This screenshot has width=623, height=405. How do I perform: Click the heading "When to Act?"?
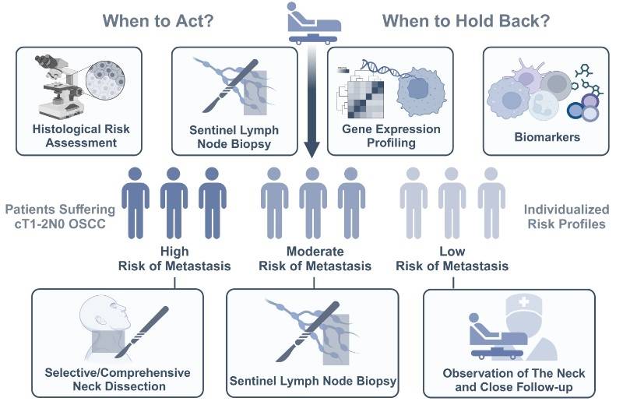pyautogui.click(x=158, y=21)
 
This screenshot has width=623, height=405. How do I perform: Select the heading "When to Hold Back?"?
pyautogui.click(x=466, y=21)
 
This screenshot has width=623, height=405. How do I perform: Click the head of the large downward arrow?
pyautogui.click(x=312, y=149)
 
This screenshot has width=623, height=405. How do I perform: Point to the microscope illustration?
pyautogui.click(x=61, y=86)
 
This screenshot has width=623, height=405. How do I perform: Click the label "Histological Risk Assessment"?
pyautogui.click(x=81, y=136)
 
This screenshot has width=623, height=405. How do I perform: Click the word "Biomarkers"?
pyautogui.click(x=547, y=137)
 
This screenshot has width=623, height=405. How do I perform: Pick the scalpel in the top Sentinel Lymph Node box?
pyautogui.click(x=231, y=86)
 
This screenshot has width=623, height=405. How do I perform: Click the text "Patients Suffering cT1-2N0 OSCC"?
pyautogui.click(x=60, y=217)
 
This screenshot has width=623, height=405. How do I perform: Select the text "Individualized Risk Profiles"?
pyautogui.click(x=566, y=217)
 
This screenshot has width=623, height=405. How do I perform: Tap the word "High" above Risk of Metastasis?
pyautogui.click(x=174, y=252)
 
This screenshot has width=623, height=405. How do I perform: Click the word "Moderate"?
pyautogui.click(x=315, y=252)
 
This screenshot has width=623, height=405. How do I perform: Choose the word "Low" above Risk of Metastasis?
pyautogui.click(x=452, y=252)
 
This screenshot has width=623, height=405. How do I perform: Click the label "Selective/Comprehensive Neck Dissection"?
pyautogui.click(x=118, y=379)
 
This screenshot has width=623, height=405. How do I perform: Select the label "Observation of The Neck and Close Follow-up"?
pyautogui.click(x=514, y=380)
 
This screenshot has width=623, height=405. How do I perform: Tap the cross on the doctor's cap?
pyautogui.click(x=524, y=302)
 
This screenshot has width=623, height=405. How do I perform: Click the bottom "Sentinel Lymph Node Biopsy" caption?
pyautogui.click(x=313, y=381)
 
